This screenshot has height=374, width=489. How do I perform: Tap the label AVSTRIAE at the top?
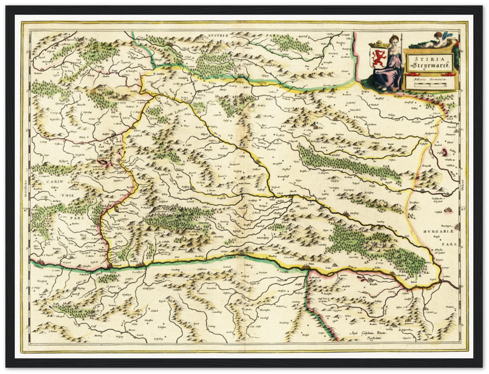(x=219, y=36)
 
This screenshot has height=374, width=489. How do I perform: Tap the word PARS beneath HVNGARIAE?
(x=449, y=244)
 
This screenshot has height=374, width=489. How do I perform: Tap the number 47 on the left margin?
(x=27, y=210)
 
